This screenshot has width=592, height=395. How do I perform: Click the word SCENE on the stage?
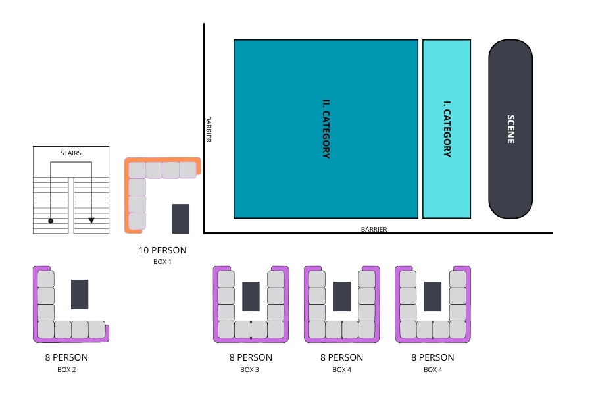coord(510,129)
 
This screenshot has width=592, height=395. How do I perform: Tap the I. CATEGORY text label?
coord(447,129)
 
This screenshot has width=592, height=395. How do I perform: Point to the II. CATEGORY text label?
coord(326,129)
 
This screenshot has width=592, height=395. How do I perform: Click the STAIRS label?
coord(71,153)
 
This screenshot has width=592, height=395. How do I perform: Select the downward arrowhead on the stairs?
coord(91,220)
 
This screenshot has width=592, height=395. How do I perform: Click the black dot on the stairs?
coord(51,221)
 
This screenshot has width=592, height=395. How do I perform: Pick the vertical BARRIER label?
coord(209,129)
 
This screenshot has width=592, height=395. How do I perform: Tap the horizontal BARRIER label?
coord(374,229)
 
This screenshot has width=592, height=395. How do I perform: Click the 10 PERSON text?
coord(162,250)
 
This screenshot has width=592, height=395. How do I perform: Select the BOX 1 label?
coord(162,261)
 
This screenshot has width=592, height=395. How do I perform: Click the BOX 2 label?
coord(66,370)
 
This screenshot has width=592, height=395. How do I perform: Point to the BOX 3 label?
coord(249,370)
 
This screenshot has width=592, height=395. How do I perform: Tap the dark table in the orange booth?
coord(181,219)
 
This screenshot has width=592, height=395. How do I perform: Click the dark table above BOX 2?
coord(80,294)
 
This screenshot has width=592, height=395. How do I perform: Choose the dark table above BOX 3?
coord(251,296)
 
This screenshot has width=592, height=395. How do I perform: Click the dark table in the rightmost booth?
coord(433,296)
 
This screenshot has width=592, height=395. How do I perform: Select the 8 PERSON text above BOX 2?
coord(66,357)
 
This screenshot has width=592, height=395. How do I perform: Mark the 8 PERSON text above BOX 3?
coord(251,357)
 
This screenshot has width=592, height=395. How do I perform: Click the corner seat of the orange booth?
coord(137,170)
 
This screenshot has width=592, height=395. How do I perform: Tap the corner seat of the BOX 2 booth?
coord(45,330)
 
